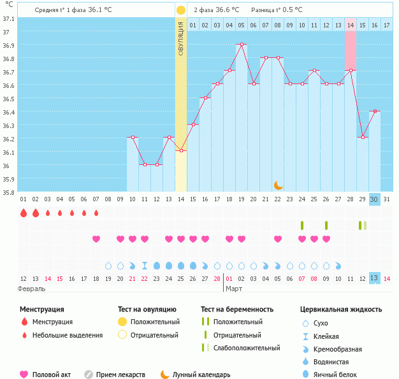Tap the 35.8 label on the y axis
point(8,192)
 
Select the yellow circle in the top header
point(181,10)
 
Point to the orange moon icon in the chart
point(278,185)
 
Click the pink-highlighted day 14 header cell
point(351,25)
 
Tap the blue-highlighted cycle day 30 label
point(374,199)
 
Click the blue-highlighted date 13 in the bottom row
point(374,278)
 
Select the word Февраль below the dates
point(32,289)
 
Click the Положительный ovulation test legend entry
point(155,322)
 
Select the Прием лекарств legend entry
point(120,375)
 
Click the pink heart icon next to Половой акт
point(25,375)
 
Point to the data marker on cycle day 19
point(241,45)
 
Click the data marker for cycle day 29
point(362,138)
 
